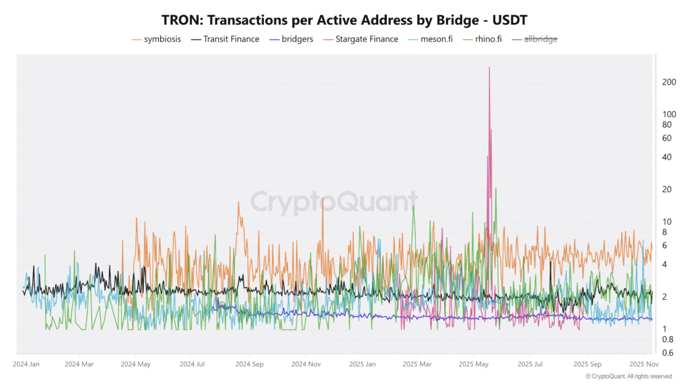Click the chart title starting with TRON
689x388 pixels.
344,20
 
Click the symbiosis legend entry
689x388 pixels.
157,39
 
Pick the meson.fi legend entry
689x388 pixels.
431,39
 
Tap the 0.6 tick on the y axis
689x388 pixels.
667,353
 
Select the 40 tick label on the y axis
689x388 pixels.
667,157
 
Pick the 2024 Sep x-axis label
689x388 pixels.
249,364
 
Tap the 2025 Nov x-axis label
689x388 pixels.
643,364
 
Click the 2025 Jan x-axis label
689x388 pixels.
362,364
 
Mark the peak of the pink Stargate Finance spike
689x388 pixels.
489,68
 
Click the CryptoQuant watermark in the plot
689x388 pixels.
334,201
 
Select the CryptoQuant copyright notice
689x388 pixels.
628,376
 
